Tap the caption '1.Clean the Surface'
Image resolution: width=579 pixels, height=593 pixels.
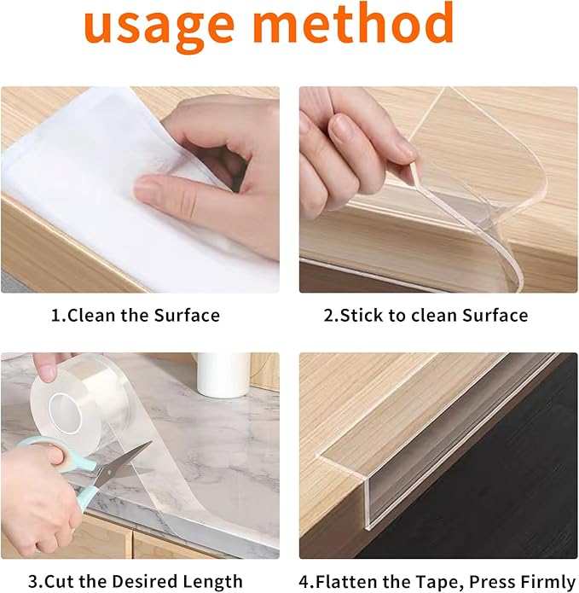[x=135, y=315]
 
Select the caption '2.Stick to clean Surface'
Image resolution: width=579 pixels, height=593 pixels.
[x=426, y=315]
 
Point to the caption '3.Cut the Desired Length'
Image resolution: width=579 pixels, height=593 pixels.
[x=135, y=581]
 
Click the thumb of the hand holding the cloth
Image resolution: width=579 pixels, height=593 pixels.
[x=171, y=186]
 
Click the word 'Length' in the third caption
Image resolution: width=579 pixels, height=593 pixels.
[x=214, y=581]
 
